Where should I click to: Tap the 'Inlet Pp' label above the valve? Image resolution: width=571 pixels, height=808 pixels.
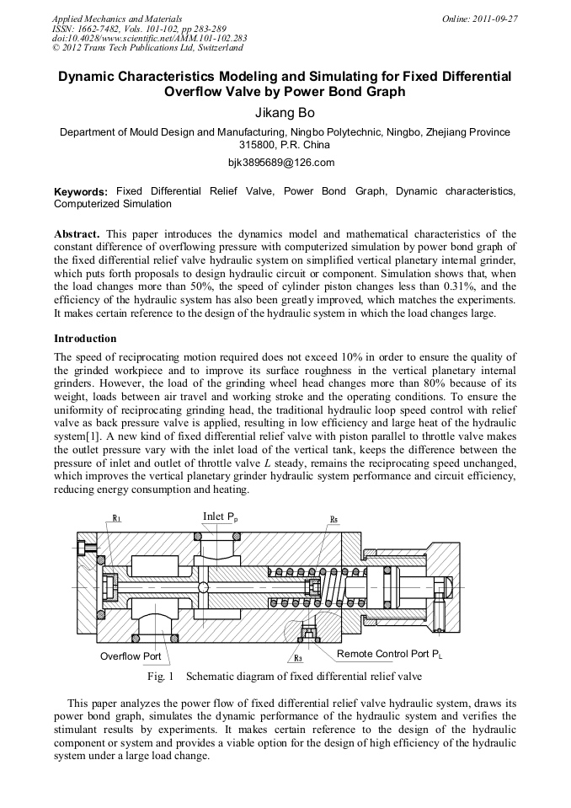click(x=221, y=516)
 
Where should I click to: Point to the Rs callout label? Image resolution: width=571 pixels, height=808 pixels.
click(x=334, y=519)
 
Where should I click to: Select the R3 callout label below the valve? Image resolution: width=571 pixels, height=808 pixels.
click(x=298, y=657)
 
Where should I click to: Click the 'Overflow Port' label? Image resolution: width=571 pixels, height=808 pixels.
click(x=131, y=655)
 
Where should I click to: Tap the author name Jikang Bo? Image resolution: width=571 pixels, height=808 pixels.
click(x=285, y=111)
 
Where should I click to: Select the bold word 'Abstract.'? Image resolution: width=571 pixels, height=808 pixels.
click(x=77, y=233)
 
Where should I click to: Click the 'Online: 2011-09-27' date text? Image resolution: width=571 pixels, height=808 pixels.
click(x=479, y=19)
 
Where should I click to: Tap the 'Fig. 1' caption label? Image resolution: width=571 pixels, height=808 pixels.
click(x=160, y=676)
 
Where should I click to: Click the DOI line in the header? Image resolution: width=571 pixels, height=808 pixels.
click(x=149, y=38)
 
